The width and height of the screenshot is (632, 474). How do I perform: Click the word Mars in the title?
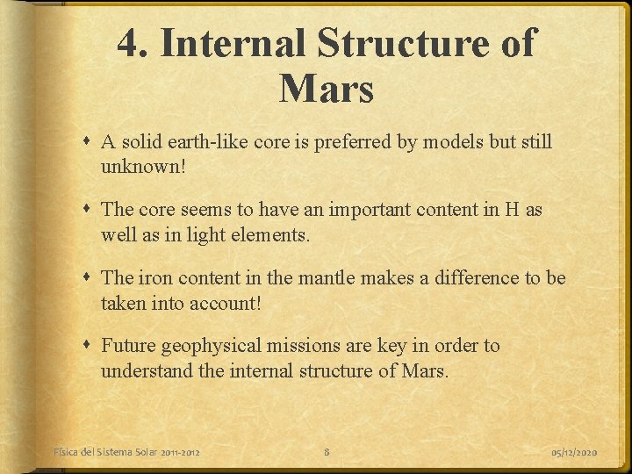click(x=327, y=88)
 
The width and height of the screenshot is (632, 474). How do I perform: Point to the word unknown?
click(x=143, y=166)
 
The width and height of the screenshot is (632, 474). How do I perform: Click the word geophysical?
click(x=215, y=346)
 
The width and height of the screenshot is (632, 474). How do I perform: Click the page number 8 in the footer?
click(x=327, y=452)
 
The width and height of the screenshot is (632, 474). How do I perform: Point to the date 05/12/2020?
click(x=574, y=452)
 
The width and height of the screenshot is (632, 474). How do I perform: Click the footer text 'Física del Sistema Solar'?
click(x=105, y=452)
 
